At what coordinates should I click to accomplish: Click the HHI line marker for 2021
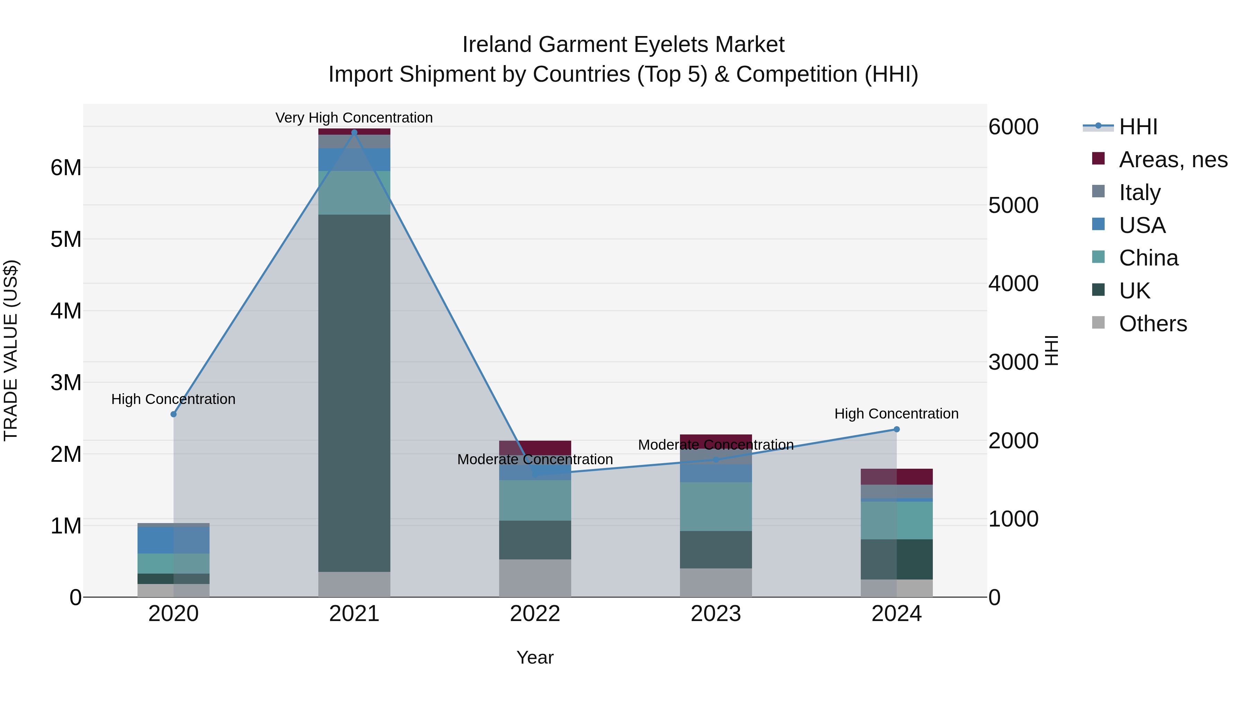pos(354,132)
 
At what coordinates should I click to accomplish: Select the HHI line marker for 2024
pos(896,429)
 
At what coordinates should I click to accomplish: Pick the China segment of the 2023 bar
pos(716,506)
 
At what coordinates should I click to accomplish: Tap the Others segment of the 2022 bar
pos(535,578)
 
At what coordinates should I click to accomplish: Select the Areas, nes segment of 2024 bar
pos(896,477)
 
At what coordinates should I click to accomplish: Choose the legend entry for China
pos(1148,258)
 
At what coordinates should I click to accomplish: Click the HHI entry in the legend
pos(1138,127)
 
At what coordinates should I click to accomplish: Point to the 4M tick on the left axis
pos(66,311)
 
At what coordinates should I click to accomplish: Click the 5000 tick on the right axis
pos(1013,205)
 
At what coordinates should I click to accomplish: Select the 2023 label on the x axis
pos(716,614)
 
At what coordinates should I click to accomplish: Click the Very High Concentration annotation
pos(354,118)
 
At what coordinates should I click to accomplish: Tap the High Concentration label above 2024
pos(896,414)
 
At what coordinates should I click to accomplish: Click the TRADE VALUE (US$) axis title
pos(11,350)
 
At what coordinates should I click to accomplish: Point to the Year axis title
pos(534,657)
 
